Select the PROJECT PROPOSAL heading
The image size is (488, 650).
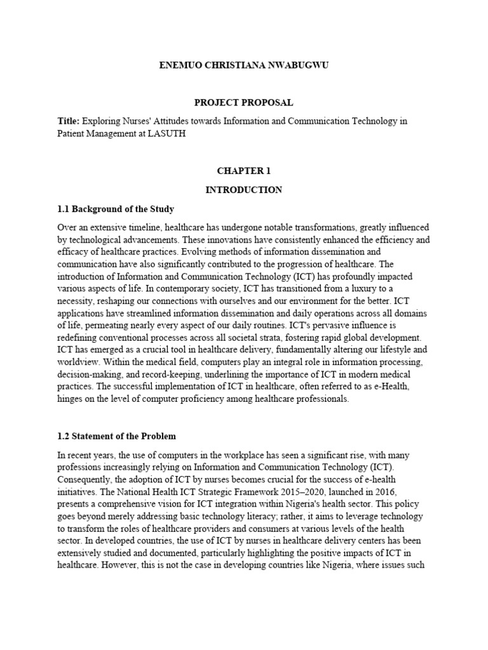point(243,103)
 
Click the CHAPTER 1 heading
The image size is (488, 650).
point(243,171)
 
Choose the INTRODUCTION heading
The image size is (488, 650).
point(243,190)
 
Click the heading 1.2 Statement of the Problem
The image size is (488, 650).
point(116,437)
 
